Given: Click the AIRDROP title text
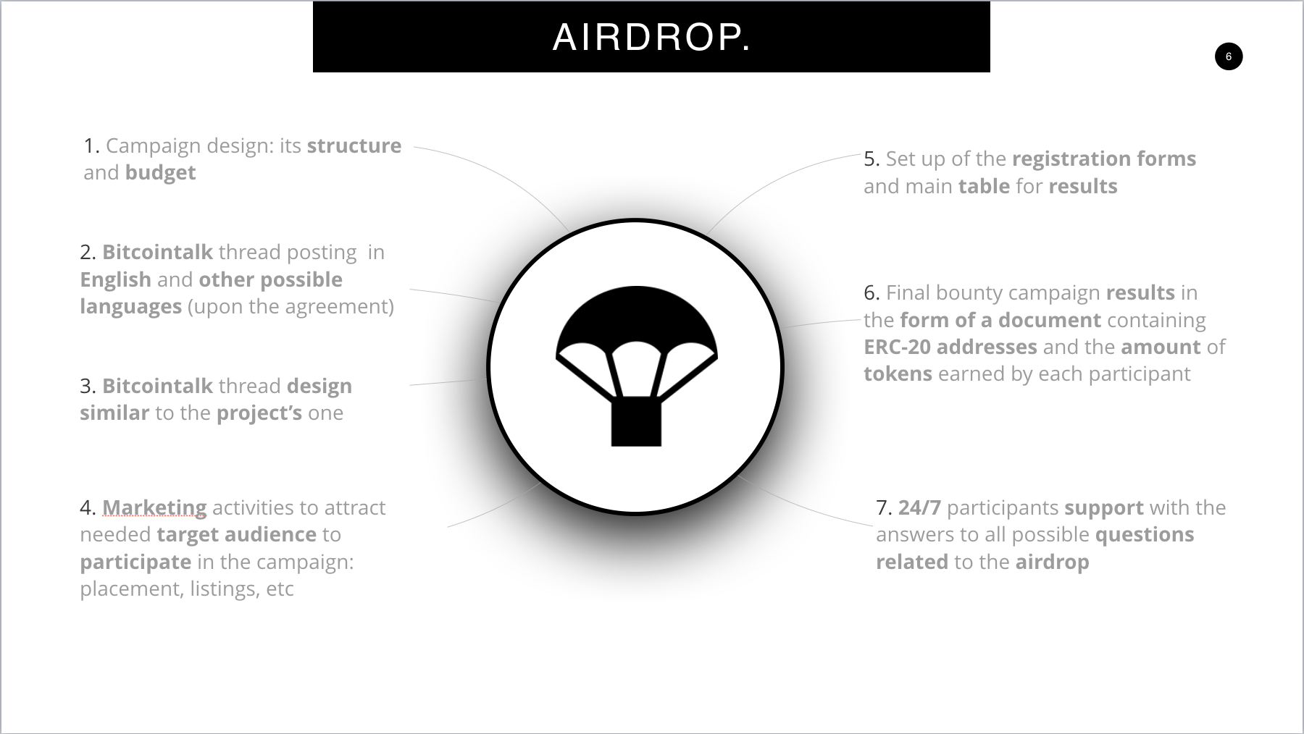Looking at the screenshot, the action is tap(651, 37).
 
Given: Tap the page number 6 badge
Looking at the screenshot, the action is tap(1229, 56).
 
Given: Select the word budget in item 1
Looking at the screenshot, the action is tap(160, 173).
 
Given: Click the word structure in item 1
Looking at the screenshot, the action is tap(354, 145).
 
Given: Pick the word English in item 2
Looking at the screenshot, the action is tap(116, 280).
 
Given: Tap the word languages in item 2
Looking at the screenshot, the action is tap(131, 307).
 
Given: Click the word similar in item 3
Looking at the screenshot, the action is tap(114, 413).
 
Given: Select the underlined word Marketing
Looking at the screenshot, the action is tap(154, 508).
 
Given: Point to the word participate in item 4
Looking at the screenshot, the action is tap(136, 562).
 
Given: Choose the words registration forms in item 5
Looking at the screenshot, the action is tap(1104, 159).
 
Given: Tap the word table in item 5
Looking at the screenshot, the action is tap(984, 186).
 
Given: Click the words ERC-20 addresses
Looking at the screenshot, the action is tap(950, 347).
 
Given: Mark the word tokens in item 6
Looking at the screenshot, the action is tap(898, 374).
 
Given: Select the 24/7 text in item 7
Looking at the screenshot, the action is tap(919, 507).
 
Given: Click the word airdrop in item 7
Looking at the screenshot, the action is tap(1053, 562).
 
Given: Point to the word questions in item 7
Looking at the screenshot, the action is tap(1145, 535).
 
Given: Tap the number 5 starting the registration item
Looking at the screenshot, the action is tap(872, 159).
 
